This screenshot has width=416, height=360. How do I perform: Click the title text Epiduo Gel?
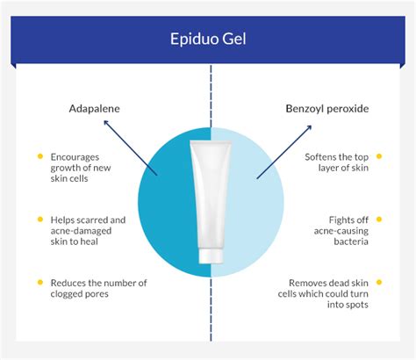tap(208, 40)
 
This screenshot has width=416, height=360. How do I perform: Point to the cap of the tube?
tap(211, 256)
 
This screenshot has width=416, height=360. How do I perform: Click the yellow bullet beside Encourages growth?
tap(39, 157)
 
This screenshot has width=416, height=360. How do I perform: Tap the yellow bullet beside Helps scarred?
tap(39, 220)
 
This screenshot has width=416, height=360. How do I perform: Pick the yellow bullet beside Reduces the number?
tap(39, 282)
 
